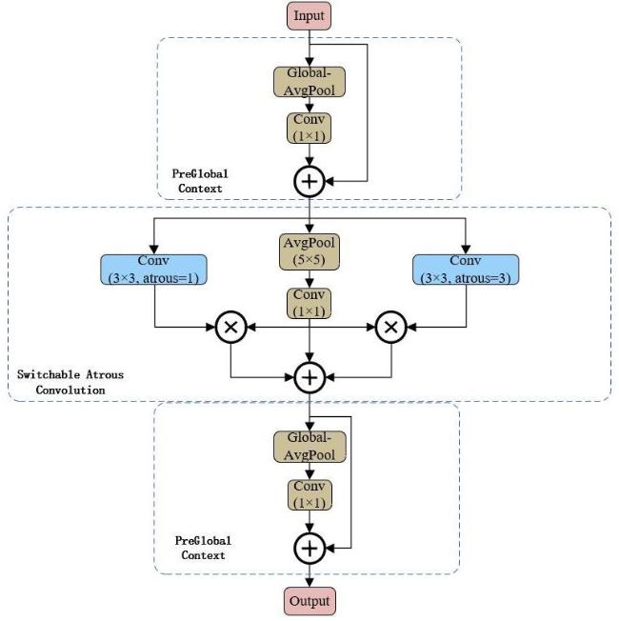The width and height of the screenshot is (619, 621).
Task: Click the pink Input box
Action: point(309,16)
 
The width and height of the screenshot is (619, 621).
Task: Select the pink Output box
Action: point(309,603)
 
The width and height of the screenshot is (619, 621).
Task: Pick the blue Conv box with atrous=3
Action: point(465,270)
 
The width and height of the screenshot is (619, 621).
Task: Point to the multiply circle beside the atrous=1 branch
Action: point(230,328)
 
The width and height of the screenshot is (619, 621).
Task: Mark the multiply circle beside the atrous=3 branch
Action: point(389,328)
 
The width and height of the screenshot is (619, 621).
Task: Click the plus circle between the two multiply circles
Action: point(309,377)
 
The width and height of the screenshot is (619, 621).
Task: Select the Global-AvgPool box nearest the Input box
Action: point(309,83)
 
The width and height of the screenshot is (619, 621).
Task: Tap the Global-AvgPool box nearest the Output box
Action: point(309,449)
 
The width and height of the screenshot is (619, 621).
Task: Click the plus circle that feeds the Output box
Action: point(309,548)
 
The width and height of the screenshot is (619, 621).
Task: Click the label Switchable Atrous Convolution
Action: point(70,382)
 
